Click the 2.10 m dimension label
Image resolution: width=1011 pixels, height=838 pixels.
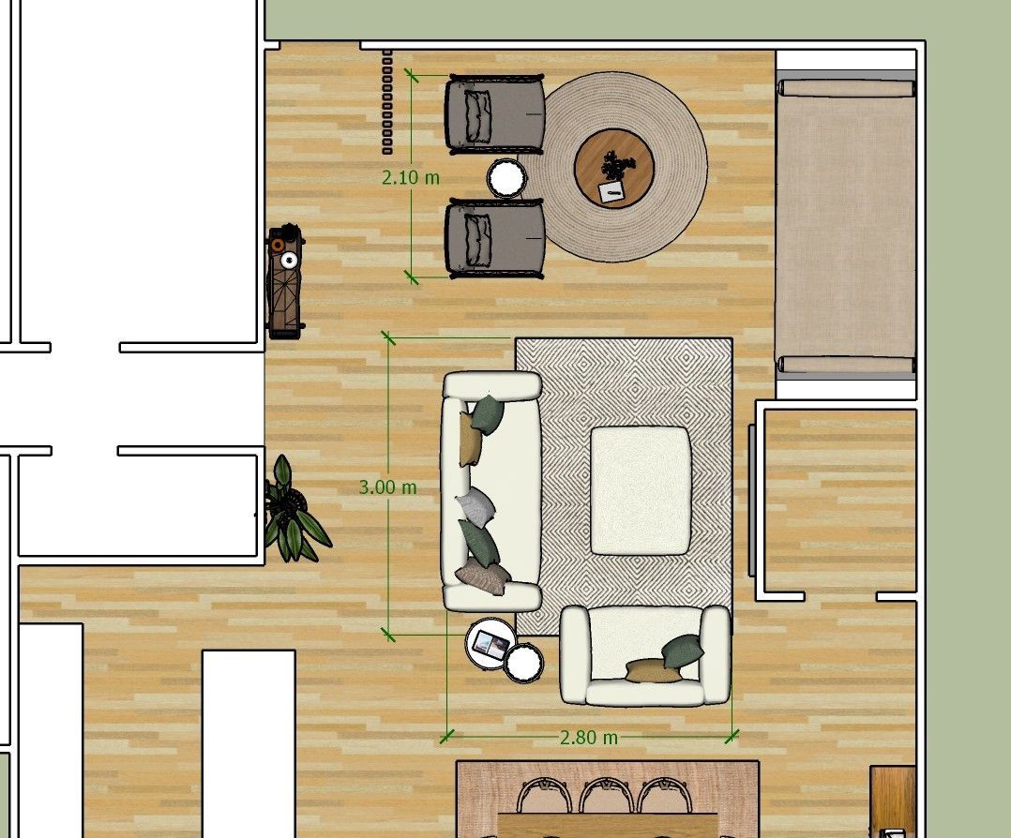coord(411,177)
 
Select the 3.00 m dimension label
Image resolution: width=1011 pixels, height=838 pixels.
coord(387,487)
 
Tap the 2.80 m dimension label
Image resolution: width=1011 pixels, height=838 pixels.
coord(589,738)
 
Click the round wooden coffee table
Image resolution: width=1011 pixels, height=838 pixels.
coord(614,168)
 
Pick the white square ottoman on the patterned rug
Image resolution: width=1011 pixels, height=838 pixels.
coord(641,490)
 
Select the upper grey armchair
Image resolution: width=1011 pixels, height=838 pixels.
coord(494,114)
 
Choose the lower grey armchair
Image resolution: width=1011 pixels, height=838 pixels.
coord(494,238)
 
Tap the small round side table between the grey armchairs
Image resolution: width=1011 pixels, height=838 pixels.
coord(506,178)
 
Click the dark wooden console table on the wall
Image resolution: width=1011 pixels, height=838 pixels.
coord(284,282)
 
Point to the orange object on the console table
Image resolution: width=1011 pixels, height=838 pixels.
coord(278,245)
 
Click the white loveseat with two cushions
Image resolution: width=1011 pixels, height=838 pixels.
coord(645,655)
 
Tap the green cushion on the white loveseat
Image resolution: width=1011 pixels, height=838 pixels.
coord(682,650)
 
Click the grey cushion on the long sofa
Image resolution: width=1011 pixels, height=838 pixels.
coord(475,504)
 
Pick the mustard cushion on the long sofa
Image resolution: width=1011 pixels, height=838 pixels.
coord(470,439)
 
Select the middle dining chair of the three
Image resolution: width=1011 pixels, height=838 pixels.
coord(606,796)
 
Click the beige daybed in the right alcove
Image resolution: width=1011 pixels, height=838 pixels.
coord(846,226)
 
